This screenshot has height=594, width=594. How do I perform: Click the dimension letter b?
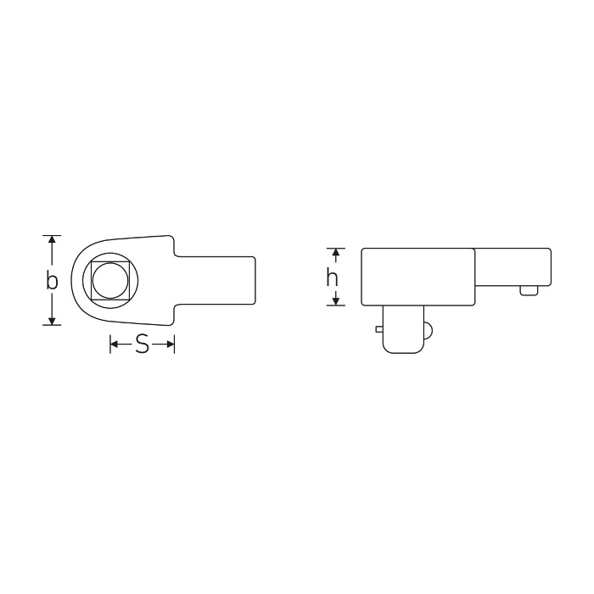click(x=52, y=280)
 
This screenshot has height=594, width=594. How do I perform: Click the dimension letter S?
click(x=142, y=345)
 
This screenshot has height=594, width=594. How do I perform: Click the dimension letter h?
click(x=333, y=277)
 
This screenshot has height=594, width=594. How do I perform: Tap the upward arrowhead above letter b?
click(x=53, y=239)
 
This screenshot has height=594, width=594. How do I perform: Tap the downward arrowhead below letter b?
click(x=53, y=321)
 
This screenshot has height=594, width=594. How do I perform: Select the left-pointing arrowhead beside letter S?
click(x=114, y=344)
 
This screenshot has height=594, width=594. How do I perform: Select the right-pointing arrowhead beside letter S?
click(x=170, y=344)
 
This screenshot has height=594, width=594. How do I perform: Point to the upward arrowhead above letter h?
click(x=335, y=252)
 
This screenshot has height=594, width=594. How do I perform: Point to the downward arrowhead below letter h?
click(x=335, y=301)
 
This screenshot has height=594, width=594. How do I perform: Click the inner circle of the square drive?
click(x=110, y=281)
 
